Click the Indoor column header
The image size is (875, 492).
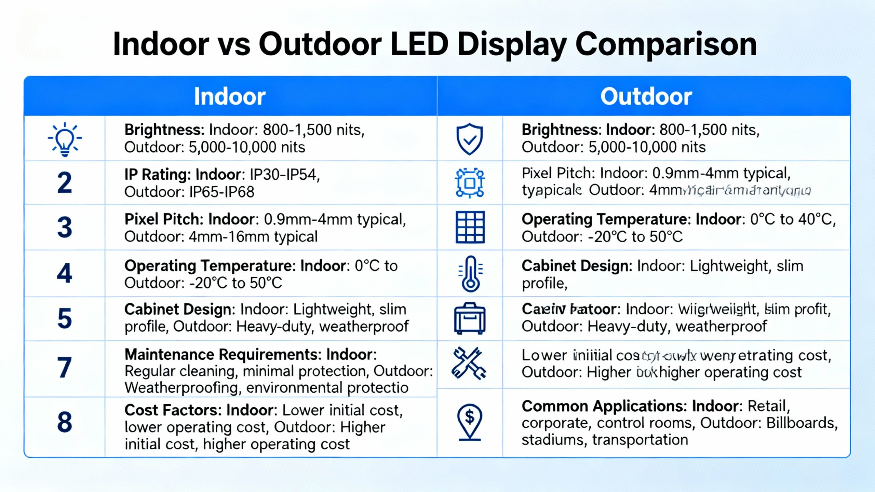[230, 96]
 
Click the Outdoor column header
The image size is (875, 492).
[646, 96]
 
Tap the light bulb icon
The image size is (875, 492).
[65, 139]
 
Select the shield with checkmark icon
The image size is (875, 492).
[470, 139]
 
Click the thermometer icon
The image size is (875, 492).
[470, 274]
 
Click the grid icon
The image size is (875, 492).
[470, 227]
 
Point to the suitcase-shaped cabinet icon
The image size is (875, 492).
[470, 318]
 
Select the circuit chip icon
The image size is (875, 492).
[470, 183]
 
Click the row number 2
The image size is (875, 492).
[65, 183]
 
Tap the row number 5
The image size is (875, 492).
[65, 318]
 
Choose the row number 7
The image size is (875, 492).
[65, 368]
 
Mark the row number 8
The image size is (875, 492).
[65, 422]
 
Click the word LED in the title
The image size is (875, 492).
[419, 44]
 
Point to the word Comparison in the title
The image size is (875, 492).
[666, 44]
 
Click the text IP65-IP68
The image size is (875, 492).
[221, 192]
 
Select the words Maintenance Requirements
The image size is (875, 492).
[223, 355]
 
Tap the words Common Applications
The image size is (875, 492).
[604, 406]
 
